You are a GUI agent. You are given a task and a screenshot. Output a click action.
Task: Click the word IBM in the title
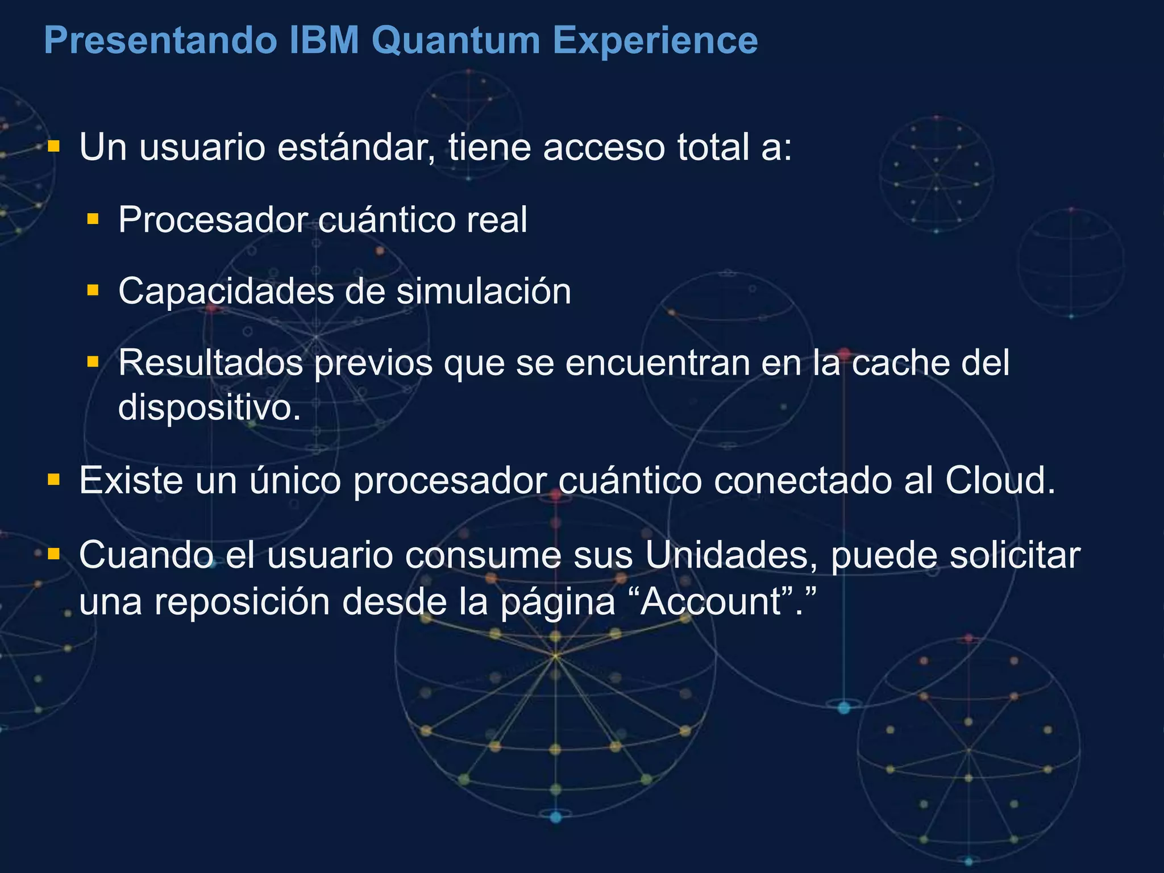(324, 41)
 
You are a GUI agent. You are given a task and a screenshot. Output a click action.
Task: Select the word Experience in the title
(655, 41)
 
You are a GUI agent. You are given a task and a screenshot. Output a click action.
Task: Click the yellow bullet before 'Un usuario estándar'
(54, 147)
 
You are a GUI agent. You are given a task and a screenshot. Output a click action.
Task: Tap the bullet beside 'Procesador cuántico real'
(93, 219)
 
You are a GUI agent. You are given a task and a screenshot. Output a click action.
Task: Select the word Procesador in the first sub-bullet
(212, 220)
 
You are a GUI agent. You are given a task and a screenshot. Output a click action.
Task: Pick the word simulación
(483, 292)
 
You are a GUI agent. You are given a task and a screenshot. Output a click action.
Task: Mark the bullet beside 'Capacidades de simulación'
(93, 290)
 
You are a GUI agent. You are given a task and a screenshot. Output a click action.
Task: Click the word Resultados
(210, 363)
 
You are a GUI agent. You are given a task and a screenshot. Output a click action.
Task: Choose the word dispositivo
(209, 407)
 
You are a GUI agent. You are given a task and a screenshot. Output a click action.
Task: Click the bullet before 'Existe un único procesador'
(54, 480)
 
